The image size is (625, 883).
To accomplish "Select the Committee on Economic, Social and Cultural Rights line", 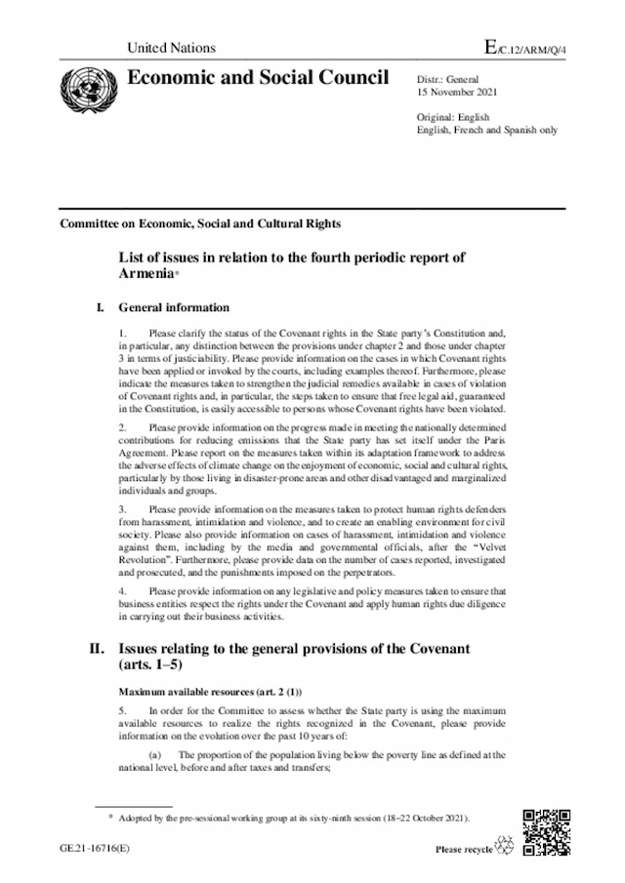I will coord(200,222).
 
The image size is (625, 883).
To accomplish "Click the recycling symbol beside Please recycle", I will coord(506,846).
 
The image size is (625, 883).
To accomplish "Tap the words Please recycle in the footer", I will coord(464,849).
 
